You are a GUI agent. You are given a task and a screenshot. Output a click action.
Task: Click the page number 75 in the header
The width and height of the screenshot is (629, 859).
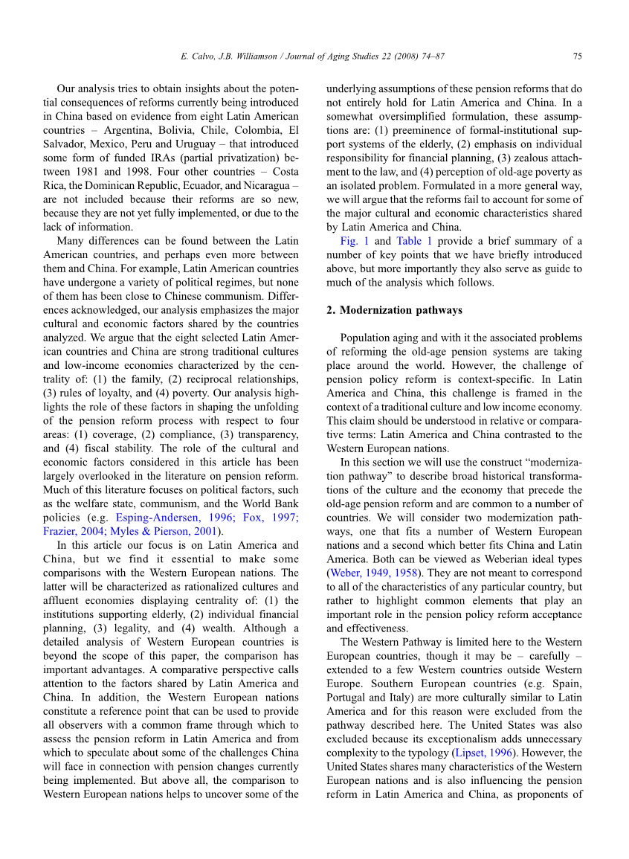[x=577, y=56]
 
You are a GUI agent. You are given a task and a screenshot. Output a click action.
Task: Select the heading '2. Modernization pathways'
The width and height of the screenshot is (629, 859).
[x=394, y=310]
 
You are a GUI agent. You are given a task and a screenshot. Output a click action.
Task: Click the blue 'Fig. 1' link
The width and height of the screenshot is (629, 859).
[x=354, y=241]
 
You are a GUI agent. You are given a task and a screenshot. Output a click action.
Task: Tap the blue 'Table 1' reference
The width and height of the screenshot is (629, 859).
[x=409, y=241]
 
